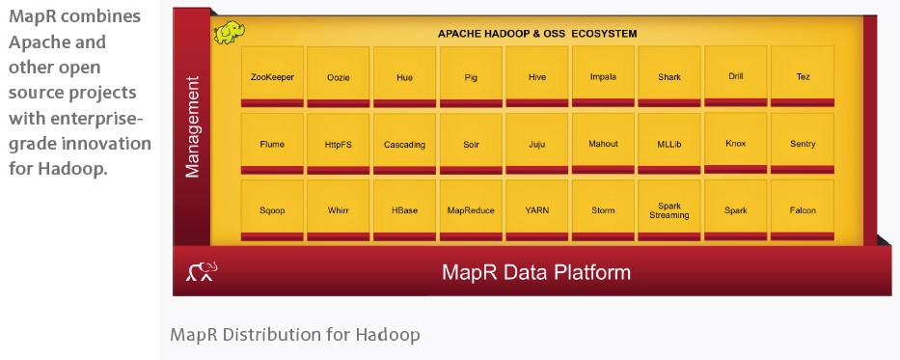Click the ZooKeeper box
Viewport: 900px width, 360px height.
[271, 76]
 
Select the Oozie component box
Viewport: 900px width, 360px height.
[338, 76]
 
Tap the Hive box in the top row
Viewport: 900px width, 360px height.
[537, 76]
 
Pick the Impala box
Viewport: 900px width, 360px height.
[603, 76]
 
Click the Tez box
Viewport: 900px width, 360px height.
[803, 76]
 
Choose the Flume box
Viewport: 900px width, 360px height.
[271, 144]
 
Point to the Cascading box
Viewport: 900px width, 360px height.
[404, 144]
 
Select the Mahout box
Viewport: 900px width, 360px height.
[603, 144]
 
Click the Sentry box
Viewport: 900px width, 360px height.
[803, 144]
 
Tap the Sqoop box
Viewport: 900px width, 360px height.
[271, 210]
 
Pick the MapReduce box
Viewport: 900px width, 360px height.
[471, 210]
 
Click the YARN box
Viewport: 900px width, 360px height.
[537, 210]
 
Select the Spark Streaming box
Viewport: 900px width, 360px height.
[669, 210]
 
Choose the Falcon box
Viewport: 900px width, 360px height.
[803, 210]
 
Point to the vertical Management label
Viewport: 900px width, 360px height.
[192, 126]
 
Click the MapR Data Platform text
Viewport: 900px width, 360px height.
[536, 272]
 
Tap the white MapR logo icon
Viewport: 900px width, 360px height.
[202, 272]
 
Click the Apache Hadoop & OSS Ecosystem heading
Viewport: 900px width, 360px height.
[537, 34]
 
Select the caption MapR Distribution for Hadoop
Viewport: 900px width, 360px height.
[295, 335]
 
